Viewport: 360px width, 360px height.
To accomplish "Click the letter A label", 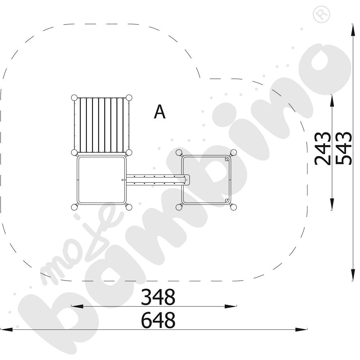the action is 159,112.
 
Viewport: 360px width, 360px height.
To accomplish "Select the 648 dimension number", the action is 158,320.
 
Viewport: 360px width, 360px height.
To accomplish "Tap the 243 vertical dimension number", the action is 323,149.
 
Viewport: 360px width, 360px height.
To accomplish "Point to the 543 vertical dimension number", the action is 344,149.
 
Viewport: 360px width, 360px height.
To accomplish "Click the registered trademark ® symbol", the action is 321,14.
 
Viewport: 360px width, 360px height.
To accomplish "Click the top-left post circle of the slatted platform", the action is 74,98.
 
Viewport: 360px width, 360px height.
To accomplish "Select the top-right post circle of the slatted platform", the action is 129,98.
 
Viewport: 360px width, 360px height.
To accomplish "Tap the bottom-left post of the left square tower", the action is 74,207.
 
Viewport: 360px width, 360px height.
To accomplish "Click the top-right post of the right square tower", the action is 234,152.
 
